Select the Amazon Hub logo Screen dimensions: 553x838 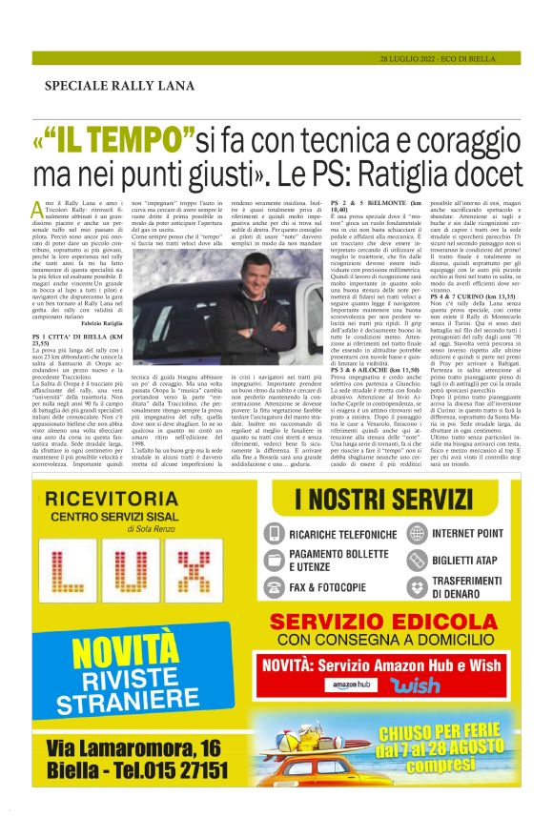pyautogui.click(x=342, y=685)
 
